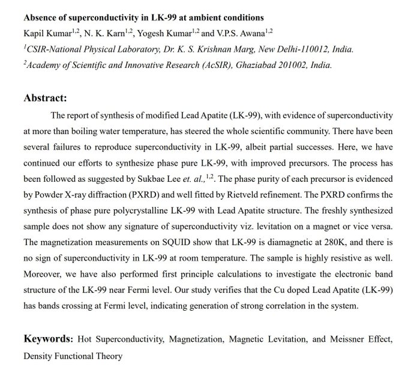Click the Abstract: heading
point(45,98)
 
